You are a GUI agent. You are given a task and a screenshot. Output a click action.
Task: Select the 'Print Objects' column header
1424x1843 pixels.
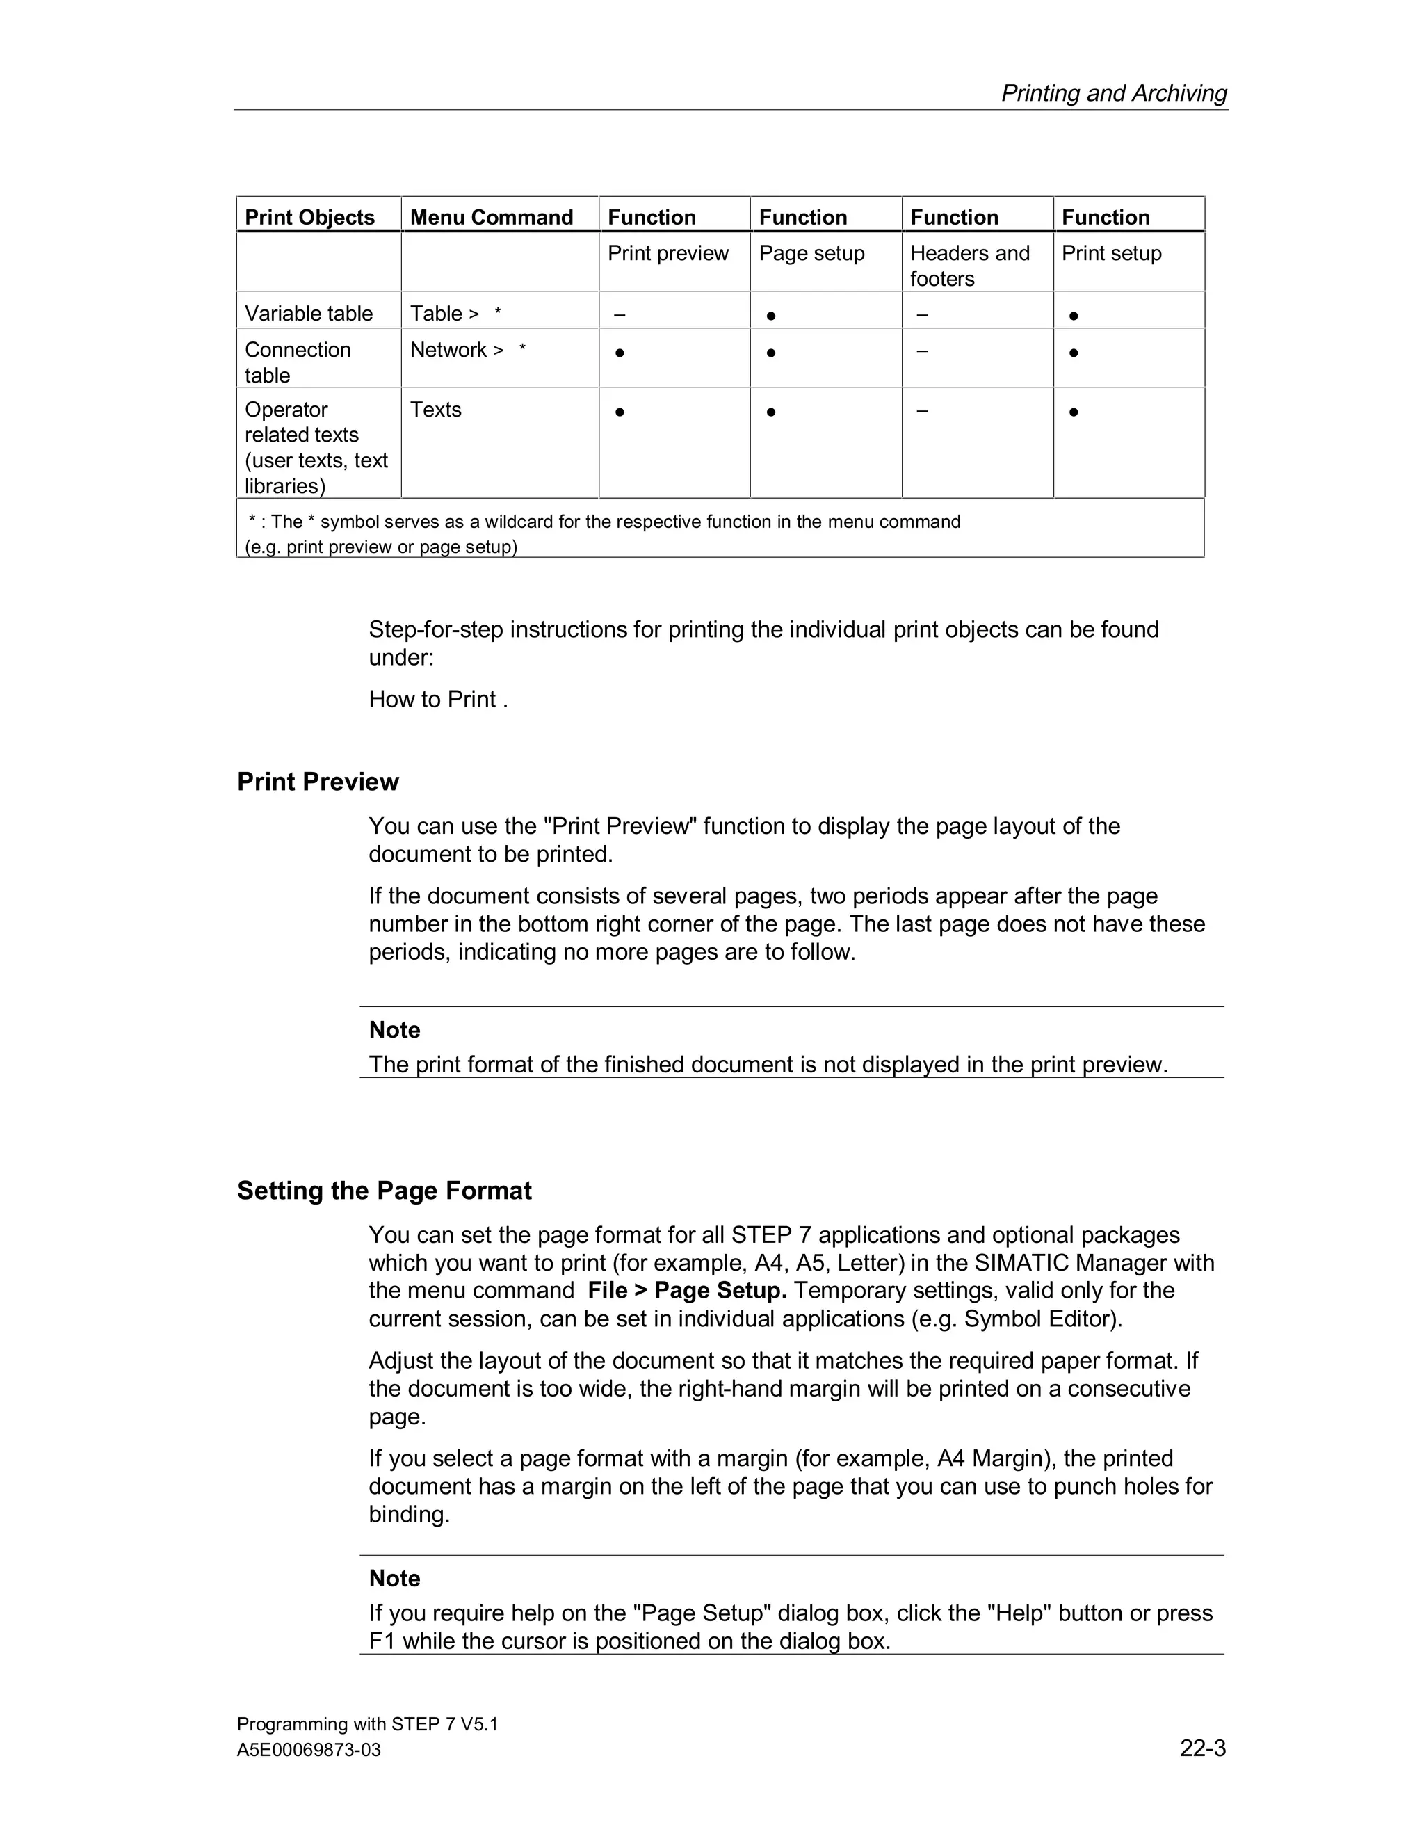click(x=309, y=217)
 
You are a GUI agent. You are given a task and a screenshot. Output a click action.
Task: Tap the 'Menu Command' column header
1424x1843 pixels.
click(x=491, y=217)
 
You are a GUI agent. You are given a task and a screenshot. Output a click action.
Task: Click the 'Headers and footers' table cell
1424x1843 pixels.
click(x=969, y=265)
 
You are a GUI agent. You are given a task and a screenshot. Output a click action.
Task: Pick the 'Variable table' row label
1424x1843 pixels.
click(x=309, y=313)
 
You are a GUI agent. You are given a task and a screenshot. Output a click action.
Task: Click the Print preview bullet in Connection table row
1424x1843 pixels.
click(x=620, y=353)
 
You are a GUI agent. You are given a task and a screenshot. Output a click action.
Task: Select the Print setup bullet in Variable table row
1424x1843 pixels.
click(x=1073, y=316)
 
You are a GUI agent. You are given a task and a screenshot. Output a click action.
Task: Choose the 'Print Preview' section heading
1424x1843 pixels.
click(x=317, y=782)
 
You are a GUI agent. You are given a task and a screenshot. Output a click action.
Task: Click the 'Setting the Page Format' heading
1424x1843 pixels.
click(x=384, y=1191)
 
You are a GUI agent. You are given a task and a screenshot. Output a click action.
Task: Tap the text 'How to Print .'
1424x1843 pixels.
click(x=438, y=700)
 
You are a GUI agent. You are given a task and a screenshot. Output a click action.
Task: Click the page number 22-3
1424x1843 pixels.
click(x=1202, y=1748)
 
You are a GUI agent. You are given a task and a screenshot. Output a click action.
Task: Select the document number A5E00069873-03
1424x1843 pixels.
click(x=309, y=1751)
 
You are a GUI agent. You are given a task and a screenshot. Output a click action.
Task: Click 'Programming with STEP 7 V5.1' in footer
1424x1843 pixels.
click(x=367, y=1724)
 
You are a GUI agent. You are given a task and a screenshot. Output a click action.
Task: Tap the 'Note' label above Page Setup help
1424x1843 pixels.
click(x=394, y=1578)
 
